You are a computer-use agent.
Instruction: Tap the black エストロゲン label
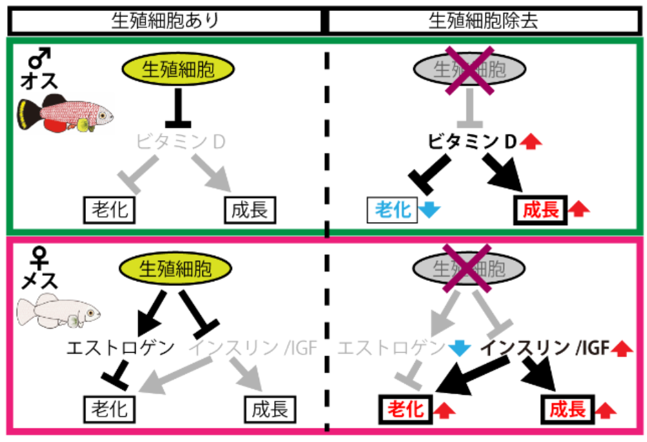121,347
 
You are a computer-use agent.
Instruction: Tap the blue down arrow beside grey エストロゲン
460,348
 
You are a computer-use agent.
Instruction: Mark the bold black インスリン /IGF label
544,348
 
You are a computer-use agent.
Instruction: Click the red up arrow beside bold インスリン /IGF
622,349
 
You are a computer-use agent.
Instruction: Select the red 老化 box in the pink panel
405,408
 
